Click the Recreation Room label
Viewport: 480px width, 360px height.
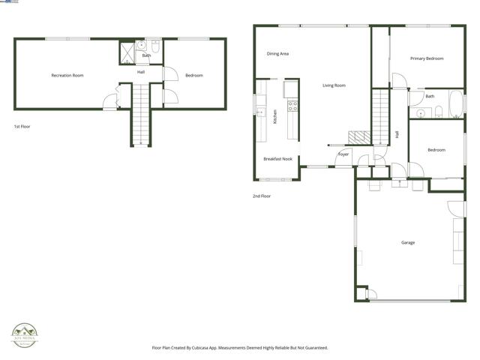[67, 75]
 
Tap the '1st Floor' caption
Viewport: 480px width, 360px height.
[23, 127]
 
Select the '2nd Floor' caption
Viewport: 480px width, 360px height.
[261, 196]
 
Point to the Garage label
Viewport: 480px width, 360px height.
[408, 242]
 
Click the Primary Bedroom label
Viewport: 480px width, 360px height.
[426, 58]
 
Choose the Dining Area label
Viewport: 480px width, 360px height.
[277, 53]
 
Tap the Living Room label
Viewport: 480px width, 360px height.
[334, 85]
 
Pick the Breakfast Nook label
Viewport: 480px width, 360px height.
[277, 158]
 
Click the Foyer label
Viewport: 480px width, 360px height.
[343, 154]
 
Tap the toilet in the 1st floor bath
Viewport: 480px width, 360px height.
[155, 45]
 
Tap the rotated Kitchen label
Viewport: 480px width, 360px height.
[275, 116]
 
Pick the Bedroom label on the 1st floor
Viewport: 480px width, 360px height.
[194, 75]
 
